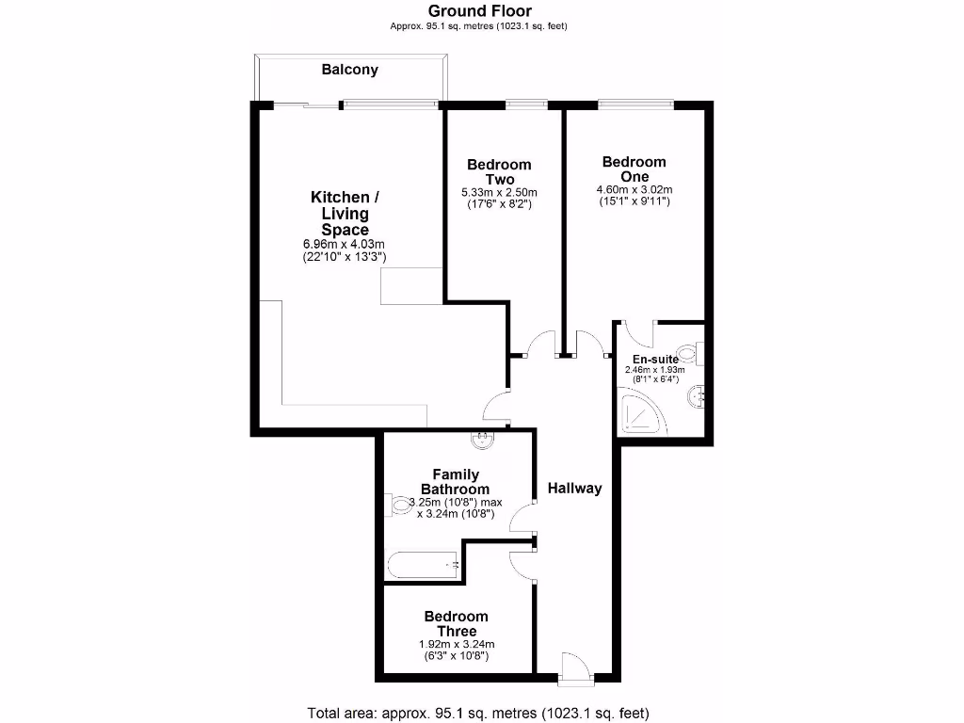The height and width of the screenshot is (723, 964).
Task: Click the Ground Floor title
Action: [x=479, y=11]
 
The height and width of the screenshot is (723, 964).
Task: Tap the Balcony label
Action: [x=349, y=70]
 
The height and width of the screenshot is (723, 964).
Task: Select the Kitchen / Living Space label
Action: [x=345, y=214]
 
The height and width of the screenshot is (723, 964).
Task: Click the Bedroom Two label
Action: [x=499, y=172]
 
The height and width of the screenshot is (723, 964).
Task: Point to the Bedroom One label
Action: [x=634, y=169]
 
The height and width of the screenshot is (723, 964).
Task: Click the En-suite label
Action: [x=655, y=360]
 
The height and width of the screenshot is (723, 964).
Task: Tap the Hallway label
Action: [x=575, y=489]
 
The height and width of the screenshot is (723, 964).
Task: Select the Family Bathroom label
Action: [x=455, y=482]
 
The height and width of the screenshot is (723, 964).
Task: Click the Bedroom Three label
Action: [x=456, y=624]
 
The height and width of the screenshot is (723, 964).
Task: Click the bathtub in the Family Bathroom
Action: [x=423, y=565]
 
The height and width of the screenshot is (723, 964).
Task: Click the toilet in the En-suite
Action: [x=692, y=354]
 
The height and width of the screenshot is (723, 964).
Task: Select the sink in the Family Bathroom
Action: [x=482, y=437]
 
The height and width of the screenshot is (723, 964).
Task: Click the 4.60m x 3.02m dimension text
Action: [x=634, y=189]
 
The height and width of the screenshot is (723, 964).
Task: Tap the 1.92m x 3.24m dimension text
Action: [x=456, y=644]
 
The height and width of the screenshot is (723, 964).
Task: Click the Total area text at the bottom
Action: [x=478, y=713]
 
